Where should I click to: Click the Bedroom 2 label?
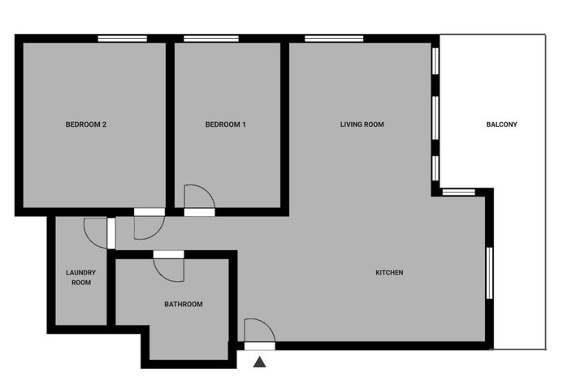86,124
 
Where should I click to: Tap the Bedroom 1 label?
226,124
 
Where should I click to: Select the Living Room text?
362,124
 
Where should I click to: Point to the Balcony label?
501,124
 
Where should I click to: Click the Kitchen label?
389,272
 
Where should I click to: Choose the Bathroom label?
184,304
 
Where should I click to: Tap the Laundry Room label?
81,278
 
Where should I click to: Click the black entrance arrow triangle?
260,362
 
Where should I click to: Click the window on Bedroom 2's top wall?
123,38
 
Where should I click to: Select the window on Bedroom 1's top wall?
211,38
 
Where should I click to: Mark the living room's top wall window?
334,38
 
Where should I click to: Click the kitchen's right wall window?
489,273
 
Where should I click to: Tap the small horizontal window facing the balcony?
458,192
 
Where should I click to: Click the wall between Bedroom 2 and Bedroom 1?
170,125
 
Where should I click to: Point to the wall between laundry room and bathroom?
111,292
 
